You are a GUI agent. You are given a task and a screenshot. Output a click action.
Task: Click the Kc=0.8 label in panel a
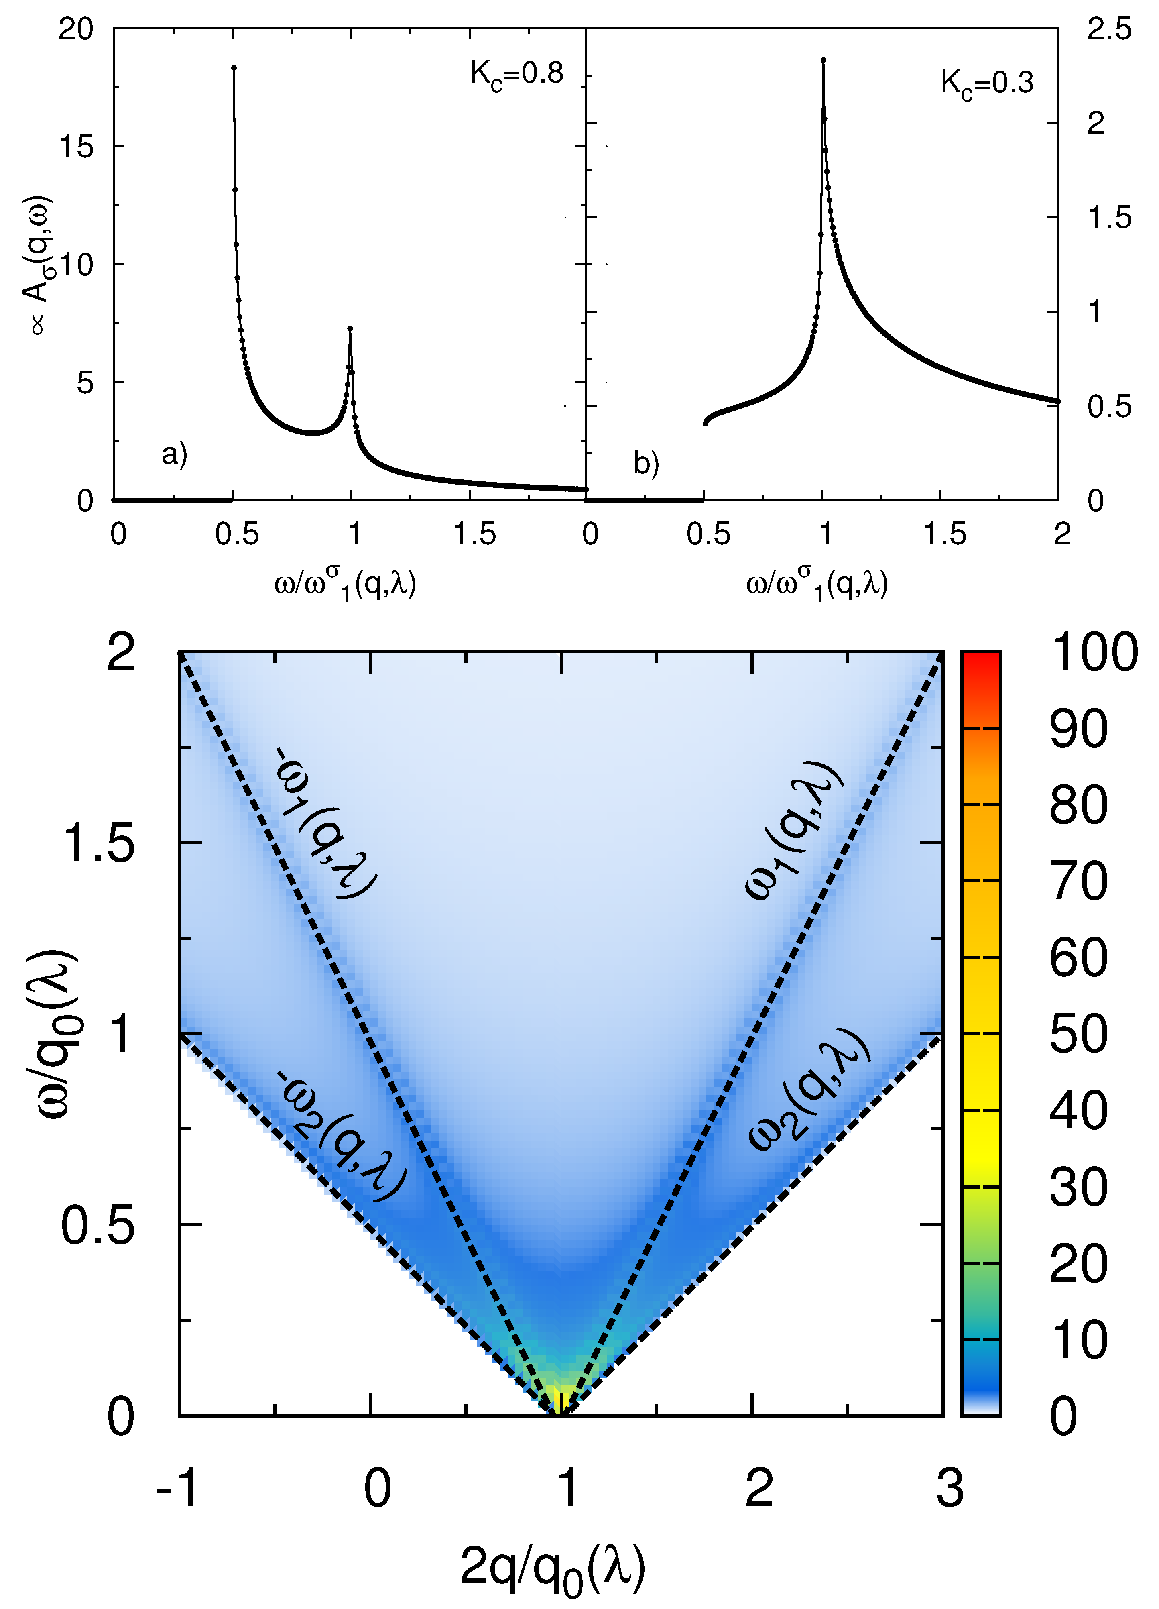click(x=516, y=74)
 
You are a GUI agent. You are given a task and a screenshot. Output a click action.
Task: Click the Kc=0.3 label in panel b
click(x=987, y=84)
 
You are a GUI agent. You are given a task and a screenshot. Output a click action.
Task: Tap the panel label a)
click(x=174, y=454)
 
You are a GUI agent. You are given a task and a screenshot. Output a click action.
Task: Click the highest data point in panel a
click(x=234, y=68)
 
